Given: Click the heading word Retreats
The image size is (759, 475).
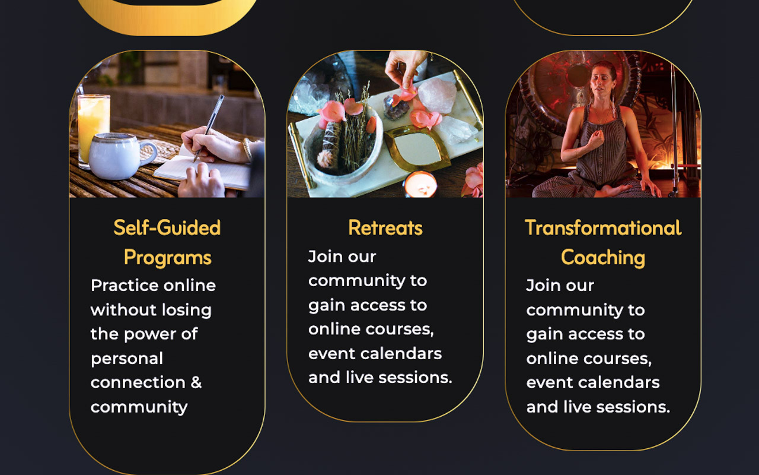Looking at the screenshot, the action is (385, 227).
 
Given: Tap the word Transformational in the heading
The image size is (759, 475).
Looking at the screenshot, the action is (603, 227).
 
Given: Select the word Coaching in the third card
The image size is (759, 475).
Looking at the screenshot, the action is (603, 258).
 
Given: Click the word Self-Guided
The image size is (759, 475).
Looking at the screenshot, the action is (167, 227).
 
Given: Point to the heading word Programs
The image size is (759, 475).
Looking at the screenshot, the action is (167, 258).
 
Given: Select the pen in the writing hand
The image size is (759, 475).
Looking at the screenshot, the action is (209, 128).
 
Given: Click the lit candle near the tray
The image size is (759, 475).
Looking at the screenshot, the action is (420, 184).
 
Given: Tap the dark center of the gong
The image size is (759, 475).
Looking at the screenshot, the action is (578, 75).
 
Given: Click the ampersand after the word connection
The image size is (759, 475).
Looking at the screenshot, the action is (196, 382).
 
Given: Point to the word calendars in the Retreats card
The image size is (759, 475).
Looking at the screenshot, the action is (401, 353).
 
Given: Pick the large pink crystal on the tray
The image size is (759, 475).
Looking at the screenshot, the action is (437, 96).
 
